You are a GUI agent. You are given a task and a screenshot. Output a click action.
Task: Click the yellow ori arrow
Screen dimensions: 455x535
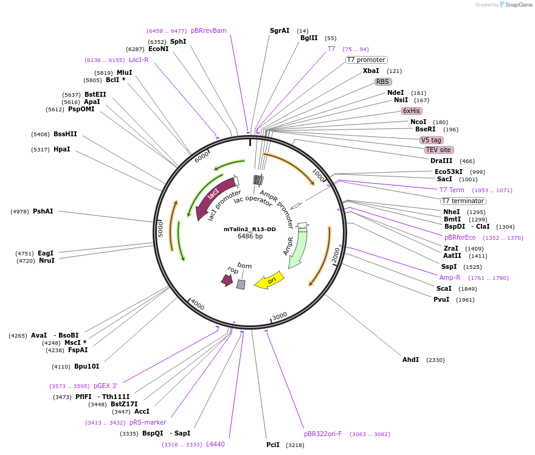click(268, 280)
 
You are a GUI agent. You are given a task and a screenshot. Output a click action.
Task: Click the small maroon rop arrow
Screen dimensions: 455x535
click(227, 279)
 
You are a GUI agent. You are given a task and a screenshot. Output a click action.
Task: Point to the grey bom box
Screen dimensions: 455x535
click(241, 284)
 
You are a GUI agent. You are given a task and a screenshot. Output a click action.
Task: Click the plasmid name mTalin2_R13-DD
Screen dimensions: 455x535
click(249, 229)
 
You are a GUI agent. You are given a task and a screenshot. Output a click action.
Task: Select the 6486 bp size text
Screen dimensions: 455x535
click(249, 237)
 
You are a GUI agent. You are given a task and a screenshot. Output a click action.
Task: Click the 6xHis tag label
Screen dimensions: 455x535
click(412, 111)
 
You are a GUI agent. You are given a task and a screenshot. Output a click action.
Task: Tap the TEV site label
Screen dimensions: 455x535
click(439, 150)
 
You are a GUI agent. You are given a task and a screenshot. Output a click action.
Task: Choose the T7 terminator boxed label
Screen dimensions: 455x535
click(463, 201)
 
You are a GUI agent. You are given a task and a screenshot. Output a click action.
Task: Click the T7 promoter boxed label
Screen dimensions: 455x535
click(366, 60)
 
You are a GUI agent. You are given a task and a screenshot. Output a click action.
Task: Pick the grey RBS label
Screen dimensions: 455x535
click(382, 82)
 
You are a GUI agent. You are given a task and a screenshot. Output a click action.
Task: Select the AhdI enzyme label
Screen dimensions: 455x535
click(411, 359)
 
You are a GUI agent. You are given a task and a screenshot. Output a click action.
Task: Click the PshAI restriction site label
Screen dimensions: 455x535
click(43, 211)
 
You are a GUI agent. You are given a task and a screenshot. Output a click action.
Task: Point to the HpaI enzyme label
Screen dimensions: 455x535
click(62, 149)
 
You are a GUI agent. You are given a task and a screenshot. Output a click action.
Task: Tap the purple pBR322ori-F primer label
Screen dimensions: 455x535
click(323, 434)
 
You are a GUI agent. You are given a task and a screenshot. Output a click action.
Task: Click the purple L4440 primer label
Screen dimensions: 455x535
click(215, 444)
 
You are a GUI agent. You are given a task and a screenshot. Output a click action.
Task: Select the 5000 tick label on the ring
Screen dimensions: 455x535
click(161, 229)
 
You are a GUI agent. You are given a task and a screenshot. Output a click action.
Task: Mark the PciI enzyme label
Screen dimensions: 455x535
click(273, 445)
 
